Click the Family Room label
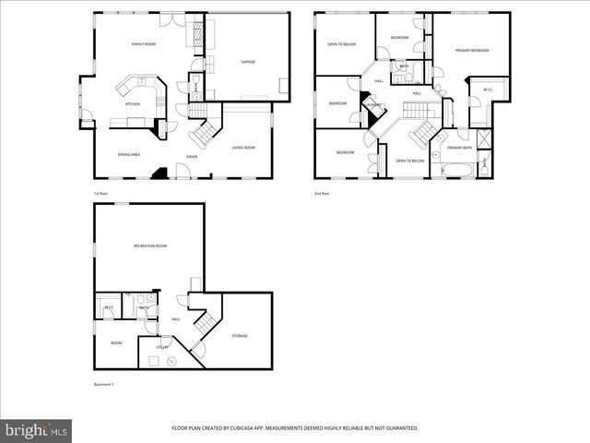click(x=143, y=43)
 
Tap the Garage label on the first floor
click(x=248, y=62)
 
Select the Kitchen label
click(x=133, y=104)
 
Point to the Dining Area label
click(x=129, y=154)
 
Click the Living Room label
click(x=243, y=148)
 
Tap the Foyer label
click(x=192, y=157)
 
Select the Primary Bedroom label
click(x=472, y=50)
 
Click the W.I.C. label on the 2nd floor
click(x=489, y=90)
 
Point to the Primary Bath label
click(x=459, y=148)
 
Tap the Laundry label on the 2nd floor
click(x=373, y=105)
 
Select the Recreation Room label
click(x=150, y=245)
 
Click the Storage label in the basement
click(x=240, y=336)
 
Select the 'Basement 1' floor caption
click(x=103, y=384)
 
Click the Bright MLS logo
click(x=37, y=430)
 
